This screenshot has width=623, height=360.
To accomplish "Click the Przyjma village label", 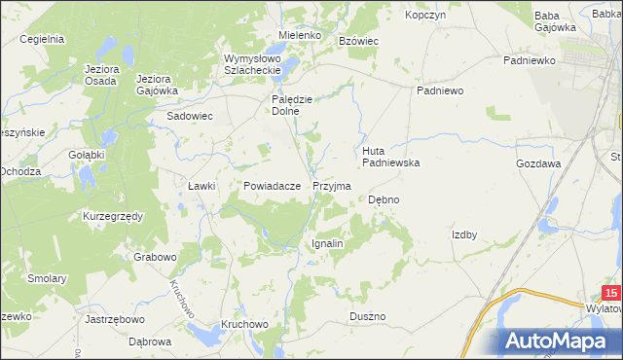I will (332, 185).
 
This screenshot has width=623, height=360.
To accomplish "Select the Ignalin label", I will (327, 243).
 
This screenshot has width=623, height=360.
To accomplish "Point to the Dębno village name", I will (384, 199).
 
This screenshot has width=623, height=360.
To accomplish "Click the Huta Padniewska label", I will (390, 157).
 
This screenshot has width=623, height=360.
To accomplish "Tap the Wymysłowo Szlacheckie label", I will (252, 63).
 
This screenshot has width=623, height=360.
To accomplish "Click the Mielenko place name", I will (299, 35).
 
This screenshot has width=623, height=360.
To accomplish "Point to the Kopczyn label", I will (425, 16).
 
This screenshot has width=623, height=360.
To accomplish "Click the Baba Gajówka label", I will (556, 21).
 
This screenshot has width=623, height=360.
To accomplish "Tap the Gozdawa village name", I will (539, 164).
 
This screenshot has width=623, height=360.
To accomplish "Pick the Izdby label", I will (464, 234).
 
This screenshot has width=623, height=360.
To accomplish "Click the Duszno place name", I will (368, 317).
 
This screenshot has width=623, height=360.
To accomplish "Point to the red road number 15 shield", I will (611, 293).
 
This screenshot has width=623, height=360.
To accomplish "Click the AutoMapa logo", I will (560, 342).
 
